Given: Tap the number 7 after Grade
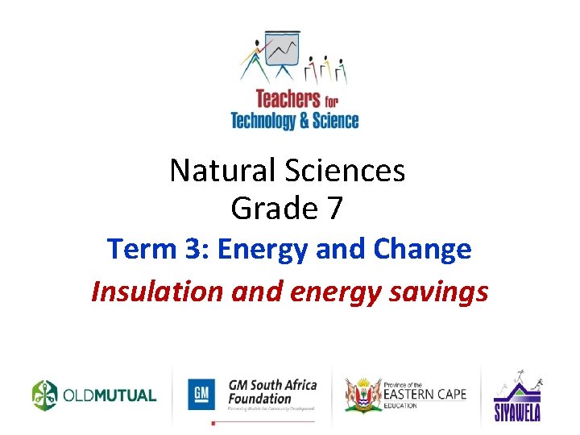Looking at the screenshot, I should (x=333, y=209).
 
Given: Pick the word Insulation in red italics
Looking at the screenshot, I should (x=157, y=291).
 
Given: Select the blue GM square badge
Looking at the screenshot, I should (x=202, y=395).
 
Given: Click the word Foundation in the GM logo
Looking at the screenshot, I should (x=259, y=398).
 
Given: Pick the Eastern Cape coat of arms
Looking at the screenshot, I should (x=362, y=394).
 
